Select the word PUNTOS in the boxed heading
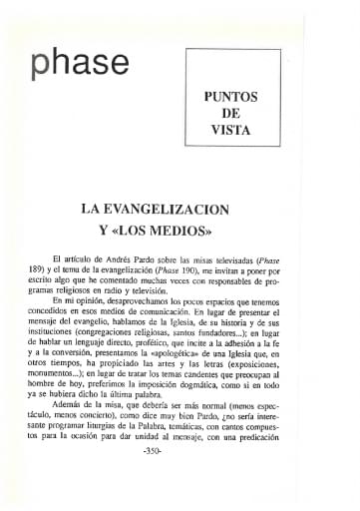click(230, 97)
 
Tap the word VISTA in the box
click(230, 131)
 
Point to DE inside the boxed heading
click(231, 114)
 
